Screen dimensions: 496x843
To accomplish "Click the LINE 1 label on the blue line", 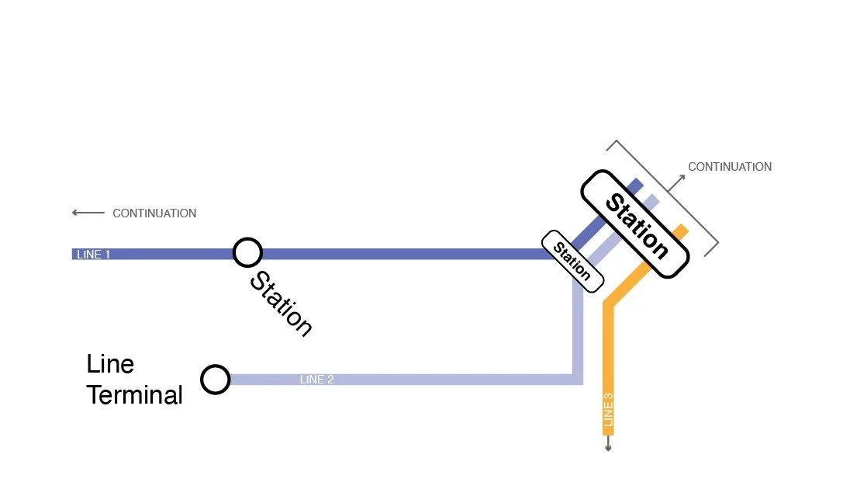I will [93, 255].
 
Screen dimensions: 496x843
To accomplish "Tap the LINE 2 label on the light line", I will [316, 380].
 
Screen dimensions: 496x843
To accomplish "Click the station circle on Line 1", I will [247, 252].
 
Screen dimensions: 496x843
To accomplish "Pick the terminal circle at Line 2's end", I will [215, 380].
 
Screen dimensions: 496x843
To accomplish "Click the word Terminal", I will [134, 395].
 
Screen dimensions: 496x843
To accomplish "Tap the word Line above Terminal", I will [110, 364].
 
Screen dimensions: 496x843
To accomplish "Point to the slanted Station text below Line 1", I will [281, 303].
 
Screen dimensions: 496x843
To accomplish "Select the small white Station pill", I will [572, 261].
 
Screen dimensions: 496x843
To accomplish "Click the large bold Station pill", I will [635, 224].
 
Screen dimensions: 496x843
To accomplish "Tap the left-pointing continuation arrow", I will [88, 213].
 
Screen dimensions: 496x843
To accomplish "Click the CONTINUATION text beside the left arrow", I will [154, 213].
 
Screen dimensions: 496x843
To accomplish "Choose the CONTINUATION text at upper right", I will [730, 167].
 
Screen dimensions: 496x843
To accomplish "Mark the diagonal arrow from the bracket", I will [676, 182].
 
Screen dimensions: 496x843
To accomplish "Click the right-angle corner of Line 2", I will [577, 379].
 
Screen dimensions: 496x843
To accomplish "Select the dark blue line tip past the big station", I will [637, 184].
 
